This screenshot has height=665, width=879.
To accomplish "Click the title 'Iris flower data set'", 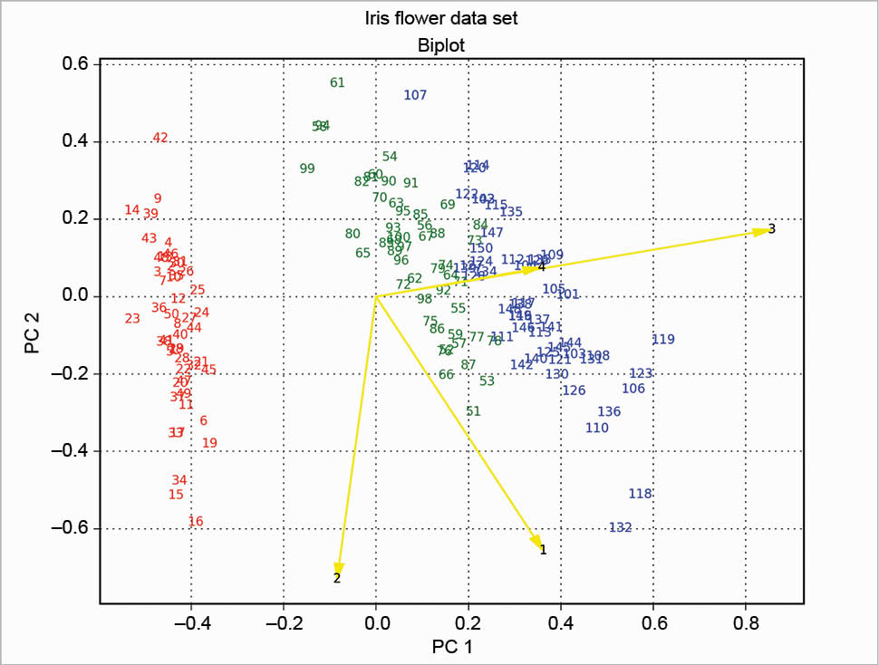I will [x=439, y=18].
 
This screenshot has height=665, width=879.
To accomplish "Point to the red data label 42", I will [x=160, y=138].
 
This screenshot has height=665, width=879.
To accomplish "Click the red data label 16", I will [x=196, y=521].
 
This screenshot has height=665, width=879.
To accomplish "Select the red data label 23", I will [x=132, y=318].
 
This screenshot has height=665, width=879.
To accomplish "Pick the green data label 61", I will [x=337, y=82].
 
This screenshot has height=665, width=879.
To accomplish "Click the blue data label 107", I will [x=415, y=95].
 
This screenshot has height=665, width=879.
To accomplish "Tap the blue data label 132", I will [x=620, y=527].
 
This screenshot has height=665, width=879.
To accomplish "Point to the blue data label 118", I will [x=640, y=494].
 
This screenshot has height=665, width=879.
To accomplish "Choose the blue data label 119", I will [x=663, y=340].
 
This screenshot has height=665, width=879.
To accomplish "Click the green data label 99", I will [x=307, y=169].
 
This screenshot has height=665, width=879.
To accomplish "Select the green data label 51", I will [x=473, y=411].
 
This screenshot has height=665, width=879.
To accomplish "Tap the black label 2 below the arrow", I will [x=337, y=578].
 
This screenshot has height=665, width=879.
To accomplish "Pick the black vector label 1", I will [x=543, y=549].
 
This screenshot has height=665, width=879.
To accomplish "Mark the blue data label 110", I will [x=597, y=428].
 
